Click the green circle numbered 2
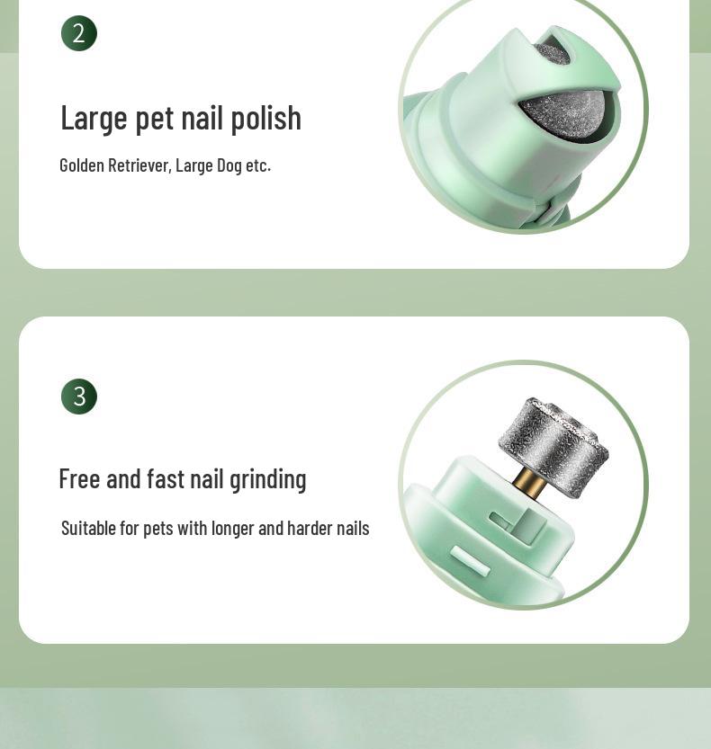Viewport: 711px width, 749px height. coord(79,33)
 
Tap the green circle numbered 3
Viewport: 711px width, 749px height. coord(79,397)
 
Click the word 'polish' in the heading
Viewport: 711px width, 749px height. coord(265,119)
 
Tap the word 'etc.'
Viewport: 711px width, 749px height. coord(258,165)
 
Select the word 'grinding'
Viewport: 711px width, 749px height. coord(268,480)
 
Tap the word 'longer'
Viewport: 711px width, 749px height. coord(232,530)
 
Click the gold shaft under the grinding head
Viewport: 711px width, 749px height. coord(530,483)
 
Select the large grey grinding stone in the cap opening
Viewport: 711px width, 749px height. coord(563,115)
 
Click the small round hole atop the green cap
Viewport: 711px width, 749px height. coord(553,51)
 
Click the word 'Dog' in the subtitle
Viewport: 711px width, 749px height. coord(229,165)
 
